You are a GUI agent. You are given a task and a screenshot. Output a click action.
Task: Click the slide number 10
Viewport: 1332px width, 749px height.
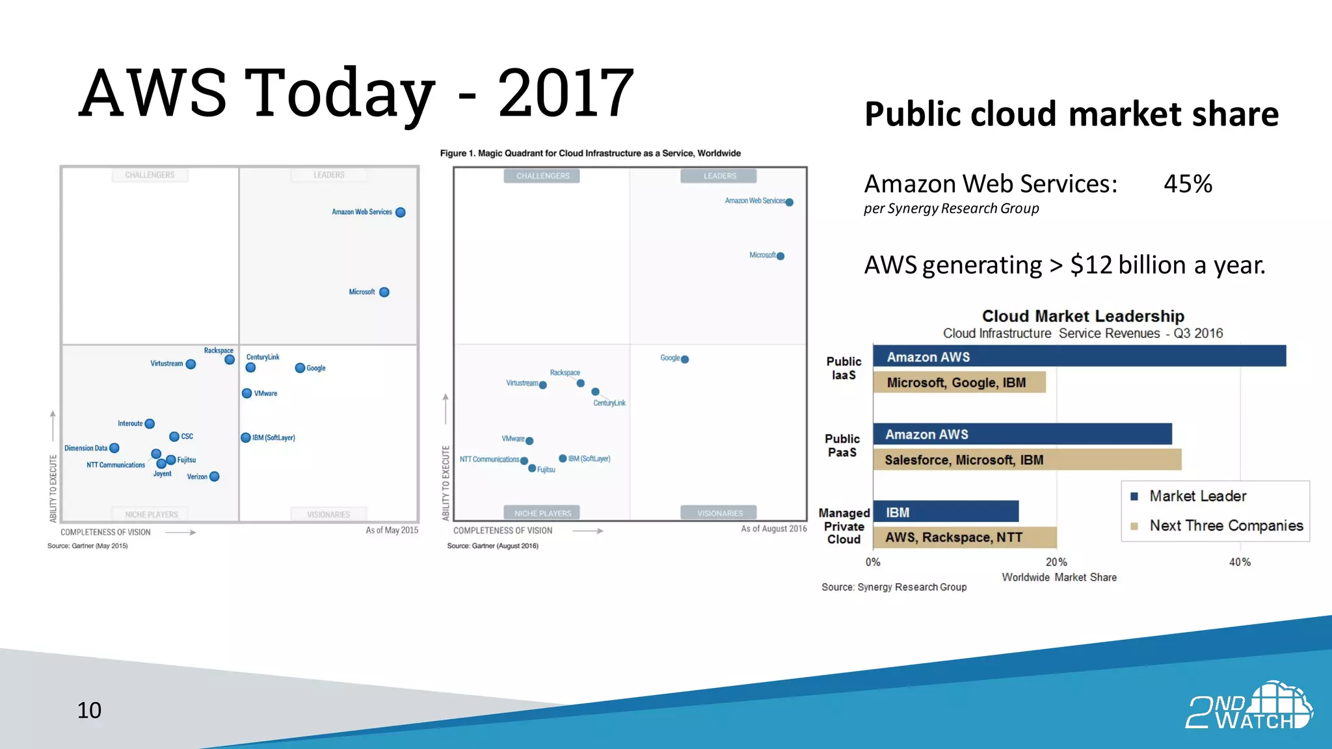click(x=89, y=710)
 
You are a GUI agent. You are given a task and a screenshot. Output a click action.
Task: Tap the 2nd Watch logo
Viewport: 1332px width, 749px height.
click(x=1248, y=706)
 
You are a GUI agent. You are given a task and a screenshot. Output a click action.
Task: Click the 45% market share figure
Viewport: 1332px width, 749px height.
click(x=1188, y=184)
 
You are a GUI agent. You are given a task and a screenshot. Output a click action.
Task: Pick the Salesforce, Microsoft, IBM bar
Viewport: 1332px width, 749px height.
click(x=1026, y=460)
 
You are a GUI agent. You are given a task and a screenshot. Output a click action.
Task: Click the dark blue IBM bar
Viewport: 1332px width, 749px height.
click(x=945, y=512)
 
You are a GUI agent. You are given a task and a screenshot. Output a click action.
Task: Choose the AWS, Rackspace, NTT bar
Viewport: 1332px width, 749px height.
click(x=964, y=537)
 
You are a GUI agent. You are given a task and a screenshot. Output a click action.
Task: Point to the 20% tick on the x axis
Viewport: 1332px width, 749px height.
click(x=1056, y=562)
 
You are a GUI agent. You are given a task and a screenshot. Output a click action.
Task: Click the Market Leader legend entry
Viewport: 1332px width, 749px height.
click(x=1197, y=496)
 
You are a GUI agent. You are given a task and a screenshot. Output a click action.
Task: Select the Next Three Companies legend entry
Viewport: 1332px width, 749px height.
click(x=1225, y=525)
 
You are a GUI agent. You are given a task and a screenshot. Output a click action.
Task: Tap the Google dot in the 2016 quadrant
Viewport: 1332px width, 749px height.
click(x=685, y=359)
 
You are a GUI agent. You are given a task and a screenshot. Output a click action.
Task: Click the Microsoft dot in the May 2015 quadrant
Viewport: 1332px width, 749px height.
click(x=384, y=292)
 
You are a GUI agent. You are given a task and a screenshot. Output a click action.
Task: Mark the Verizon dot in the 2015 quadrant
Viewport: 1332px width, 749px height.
click(x=215, y=477)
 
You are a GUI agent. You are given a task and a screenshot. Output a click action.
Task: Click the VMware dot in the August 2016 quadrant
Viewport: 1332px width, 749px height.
click(x=529, y=441)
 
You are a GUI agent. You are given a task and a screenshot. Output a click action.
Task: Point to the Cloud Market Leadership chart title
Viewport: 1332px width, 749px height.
click(x=1083, y=316)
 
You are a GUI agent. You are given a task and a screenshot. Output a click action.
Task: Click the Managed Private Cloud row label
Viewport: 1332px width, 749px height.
click(x=844, y=526)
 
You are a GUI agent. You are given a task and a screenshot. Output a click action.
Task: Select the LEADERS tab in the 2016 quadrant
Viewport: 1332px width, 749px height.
click(x=719, y=176)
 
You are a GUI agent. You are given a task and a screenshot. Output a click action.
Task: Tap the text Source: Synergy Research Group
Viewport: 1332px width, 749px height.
click(x=894, y=587)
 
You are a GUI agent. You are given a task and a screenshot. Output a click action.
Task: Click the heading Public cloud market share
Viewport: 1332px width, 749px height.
click(x=1071, y=114)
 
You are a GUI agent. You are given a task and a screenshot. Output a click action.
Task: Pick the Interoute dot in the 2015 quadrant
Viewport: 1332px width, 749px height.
click(x=150, y=424)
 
